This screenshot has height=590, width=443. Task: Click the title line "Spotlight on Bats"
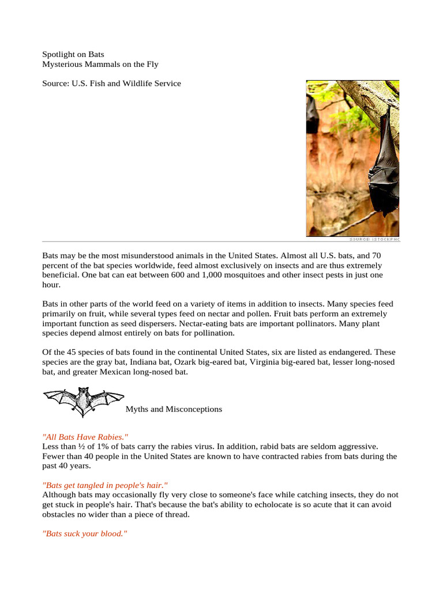73,54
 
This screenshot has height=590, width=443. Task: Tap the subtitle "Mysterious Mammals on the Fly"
100,64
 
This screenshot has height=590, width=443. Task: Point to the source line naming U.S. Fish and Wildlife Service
111,84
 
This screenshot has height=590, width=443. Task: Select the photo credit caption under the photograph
374,239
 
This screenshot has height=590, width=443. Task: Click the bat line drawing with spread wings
84,400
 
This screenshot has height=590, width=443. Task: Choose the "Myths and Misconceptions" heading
174,409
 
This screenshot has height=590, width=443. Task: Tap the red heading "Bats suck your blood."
84,534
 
